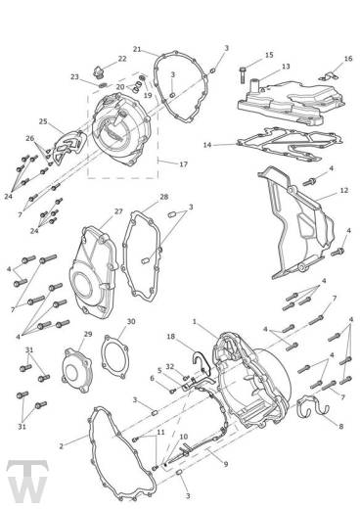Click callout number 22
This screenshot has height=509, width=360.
122,59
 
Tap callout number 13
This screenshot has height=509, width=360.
286,67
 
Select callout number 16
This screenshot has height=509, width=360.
348,59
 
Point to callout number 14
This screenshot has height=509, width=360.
207,145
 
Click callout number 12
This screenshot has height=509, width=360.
344,190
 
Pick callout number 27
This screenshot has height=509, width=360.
118,211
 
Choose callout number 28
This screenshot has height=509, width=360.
163,197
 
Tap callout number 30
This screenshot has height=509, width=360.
131,321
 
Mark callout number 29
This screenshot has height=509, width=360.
88,334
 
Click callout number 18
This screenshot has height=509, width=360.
171,336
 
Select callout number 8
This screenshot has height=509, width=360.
341,426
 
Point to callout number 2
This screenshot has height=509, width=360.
61,446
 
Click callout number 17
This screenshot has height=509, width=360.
184,164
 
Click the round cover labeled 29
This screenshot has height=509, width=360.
77,370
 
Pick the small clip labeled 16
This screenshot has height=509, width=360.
329,77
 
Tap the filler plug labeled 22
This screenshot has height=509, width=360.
99,72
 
